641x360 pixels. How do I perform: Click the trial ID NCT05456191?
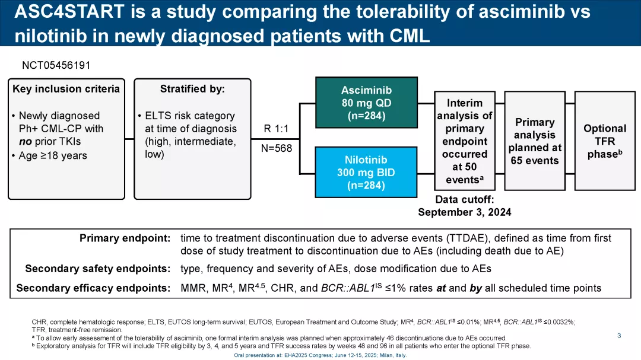(56, 65)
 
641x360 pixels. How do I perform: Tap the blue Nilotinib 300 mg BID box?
(366, 173)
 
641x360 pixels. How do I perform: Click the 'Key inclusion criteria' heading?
(66, 89)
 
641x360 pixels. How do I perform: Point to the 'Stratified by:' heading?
(192, 89)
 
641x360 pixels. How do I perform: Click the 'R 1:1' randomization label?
(276, 129)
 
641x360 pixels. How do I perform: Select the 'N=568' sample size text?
(277, 148)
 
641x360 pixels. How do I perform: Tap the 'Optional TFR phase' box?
(604, 141)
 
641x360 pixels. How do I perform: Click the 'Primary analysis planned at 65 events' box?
(534, 141)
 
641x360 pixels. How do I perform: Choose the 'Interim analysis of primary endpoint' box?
(465, 141)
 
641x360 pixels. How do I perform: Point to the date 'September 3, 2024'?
(464, 212)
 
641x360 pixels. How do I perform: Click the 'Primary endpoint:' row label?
(125, 238)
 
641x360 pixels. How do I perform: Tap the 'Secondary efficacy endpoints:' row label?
(93, 288)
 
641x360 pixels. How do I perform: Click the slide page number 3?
(619, 336)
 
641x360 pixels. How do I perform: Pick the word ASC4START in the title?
(69, 12)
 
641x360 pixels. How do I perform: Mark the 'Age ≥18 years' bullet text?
(53, 155)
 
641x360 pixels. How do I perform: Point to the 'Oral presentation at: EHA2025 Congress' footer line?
(320, 355)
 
